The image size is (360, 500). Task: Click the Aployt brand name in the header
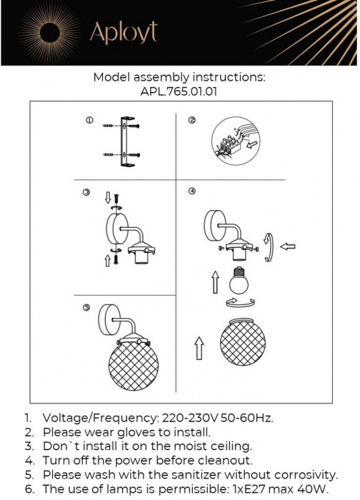pyautogui.click(x=124, y=33)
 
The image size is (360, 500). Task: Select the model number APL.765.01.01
pyautogui.click(x=179, y=92)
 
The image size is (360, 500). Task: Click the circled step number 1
pyautogui.click(x=89, y=120)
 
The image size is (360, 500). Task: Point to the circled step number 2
pyautogui.click(x=192, y=120)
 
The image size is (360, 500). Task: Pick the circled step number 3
pyautogui.click(x=86, y=192)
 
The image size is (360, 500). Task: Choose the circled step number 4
pyautogui.click(x=191, y=191)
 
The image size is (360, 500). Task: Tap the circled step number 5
pyautogui.click(x=86, y=307)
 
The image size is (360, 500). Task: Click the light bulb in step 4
pyautogui.click(x=239, y=280)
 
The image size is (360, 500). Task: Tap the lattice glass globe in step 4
pyautogui.click(x=243, y=342)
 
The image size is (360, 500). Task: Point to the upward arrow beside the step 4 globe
pyautogui.click(x=199, y=349)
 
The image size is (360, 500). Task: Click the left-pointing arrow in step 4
pyautogui.click(x=288, y=246)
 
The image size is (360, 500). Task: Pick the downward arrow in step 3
pyautogui.click(x=108, y=197)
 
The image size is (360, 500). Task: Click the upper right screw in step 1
pyautogui.click(x=134, y=126)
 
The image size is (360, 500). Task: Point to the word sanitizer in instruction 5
pyautogui.click(x=196, y=475)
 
